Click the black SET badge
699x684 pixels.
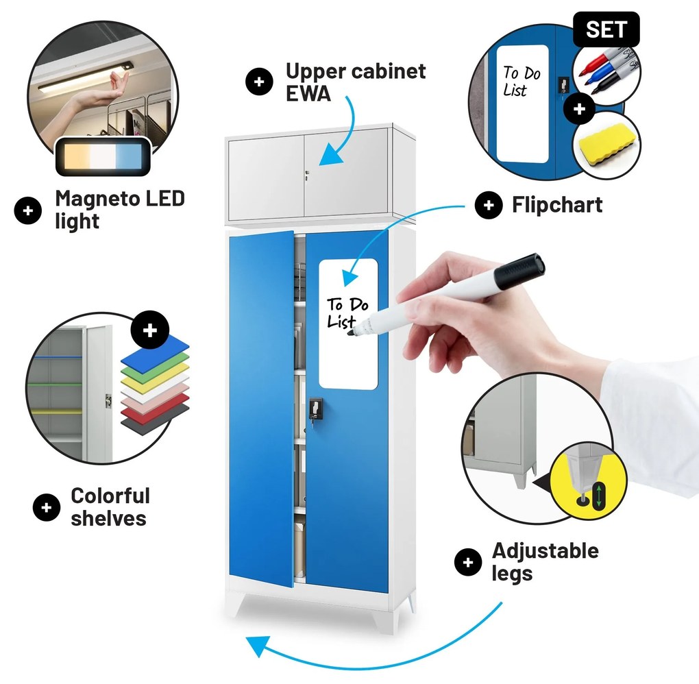tap(606, 29)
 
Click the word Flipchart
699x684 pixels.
tap(557, 205)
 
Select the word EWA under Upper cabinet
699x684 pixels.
tap(308, 93)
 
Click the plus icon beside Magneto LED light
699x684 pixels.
tap(28, 210)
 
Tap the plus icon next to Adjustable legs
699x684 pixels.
tap(468, 562)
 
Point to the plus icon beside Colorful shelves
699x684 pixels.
tap(47, 507)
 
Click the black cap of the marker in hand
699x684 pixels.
tap(519, 271)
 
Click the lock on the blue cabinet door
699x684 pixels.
tap(315, 411)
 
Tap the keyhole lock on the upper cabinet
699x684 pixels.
tap(307, 175)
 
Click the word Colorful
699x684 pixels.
tap(110, 496)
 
